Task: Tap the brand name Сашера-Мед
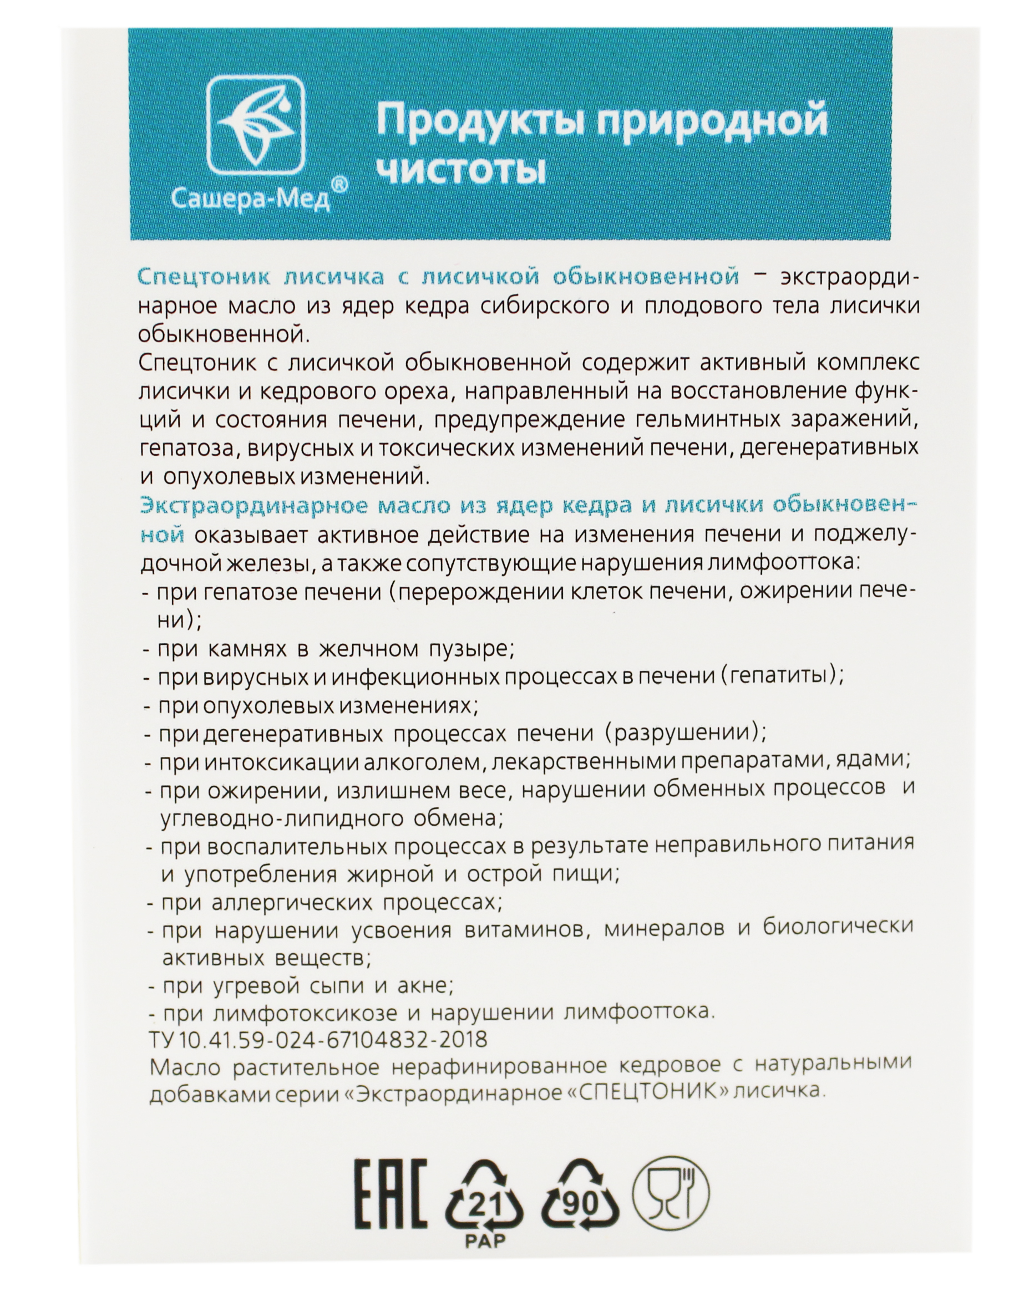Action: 250,200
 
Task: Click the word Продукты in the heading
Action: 476,120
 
